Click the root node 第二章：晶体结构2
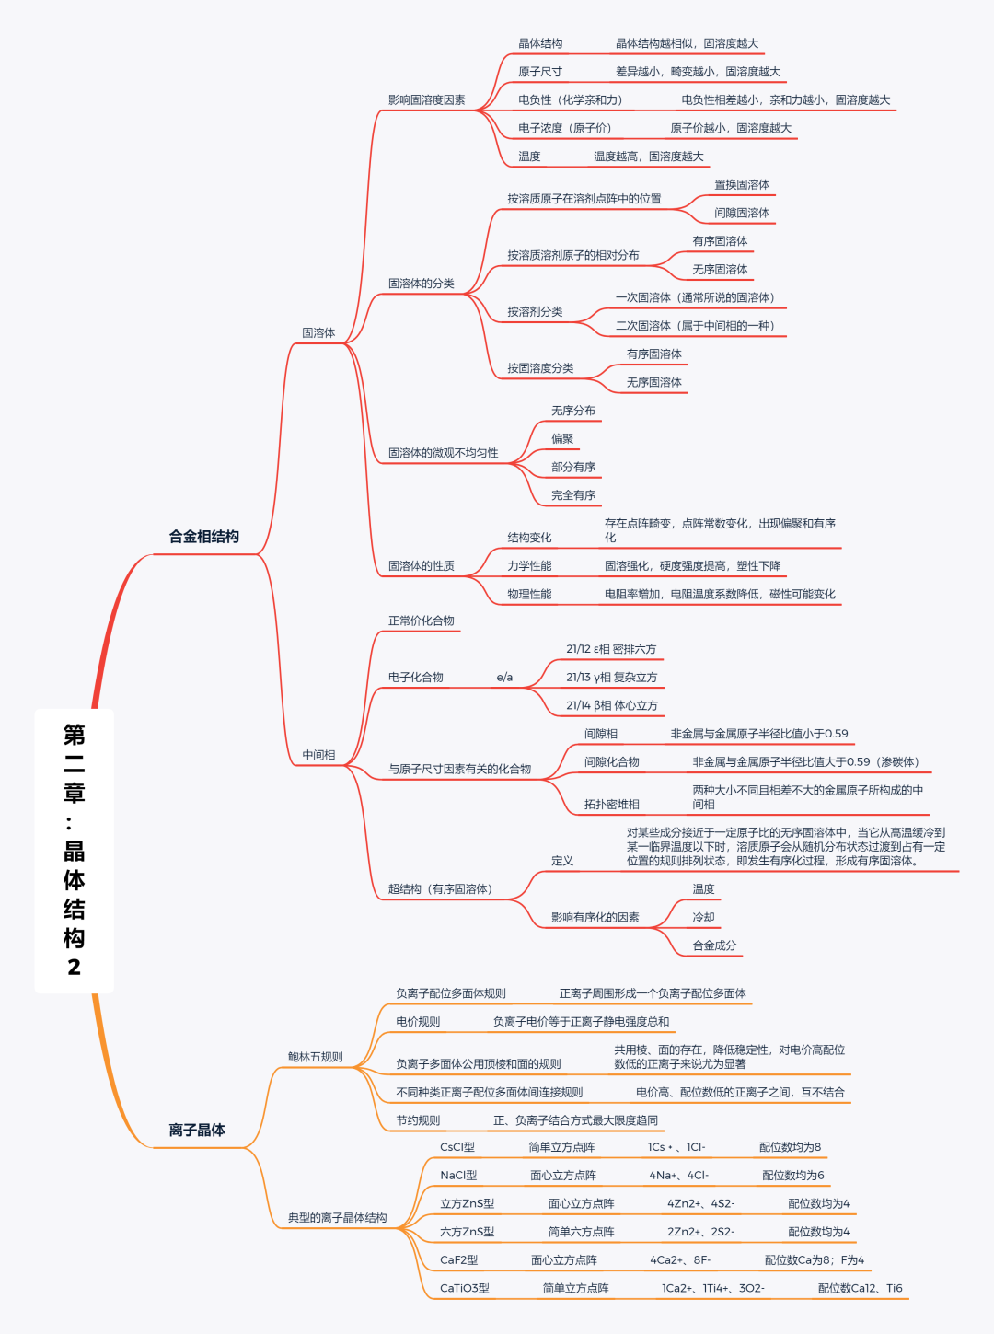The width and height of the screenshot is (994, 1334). [x=74, y=850]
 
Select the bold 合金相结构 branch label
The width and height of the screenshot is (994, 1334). [x=203, y=537]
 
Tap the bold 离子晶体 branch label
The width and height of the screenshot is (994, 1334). [x=197, y=1130]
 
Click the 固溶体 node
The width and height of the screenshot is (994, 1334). [x=318, y=332]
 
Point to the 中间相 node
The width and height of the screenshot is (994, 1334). [x=318, y=755]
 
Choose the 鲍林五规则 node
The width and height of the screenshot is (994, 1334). [x=315, y=1057]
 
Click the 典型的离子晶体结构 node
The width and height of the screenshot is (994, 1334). [x=337, y=1217]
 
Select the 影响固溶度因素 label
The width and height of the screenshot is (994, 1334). [x=426, y=99]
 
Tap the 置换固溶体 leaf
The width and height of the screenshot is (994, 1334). [x=742, y=184]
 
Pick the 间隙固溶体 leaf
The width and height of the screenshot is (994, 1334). [x=742, y=213]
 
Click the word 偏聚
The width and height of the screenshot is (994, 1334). [x=562, y=439]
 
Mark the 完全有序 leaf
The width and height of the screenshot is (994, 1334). [x=573, y=495]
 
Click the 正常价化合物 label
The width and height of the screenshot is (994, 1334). [x=421, y=621]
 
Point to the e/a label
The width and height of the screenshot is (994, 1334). [x=504, y=678]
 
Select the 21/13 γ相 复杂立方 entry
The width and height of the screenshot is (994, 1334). [x=611, y=678]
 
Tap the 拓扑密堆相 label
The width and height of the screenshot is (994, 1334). [x=611, y=804]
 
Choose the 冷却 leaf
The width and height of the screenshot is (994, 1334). [x=703, y=917]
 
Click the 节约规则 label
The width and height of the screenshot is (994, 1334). [x=418, y=1120]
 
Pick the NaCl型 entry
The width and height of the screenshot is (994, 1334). [x=458, y=1175]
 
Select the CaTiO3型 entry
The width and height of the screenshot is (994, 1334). [x=465, y=1288]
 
